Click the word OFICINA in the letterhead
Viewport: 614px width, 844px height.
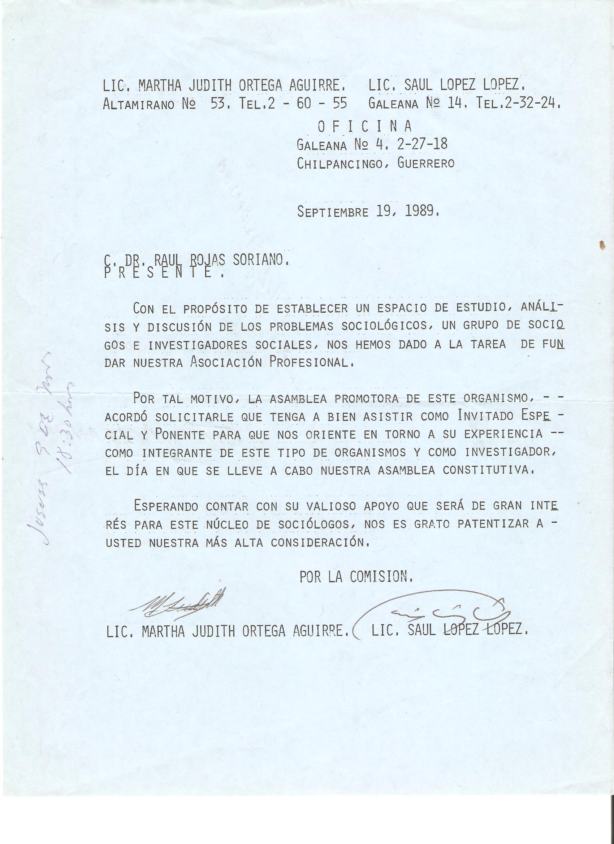[364, 127]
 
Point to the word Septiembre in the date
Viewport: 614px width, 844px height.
[333, 212]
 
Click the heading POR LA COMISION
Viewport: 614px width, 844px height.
[356, 577]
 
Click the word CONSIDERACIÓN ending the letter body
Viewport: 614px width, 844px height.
[320, 543]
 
